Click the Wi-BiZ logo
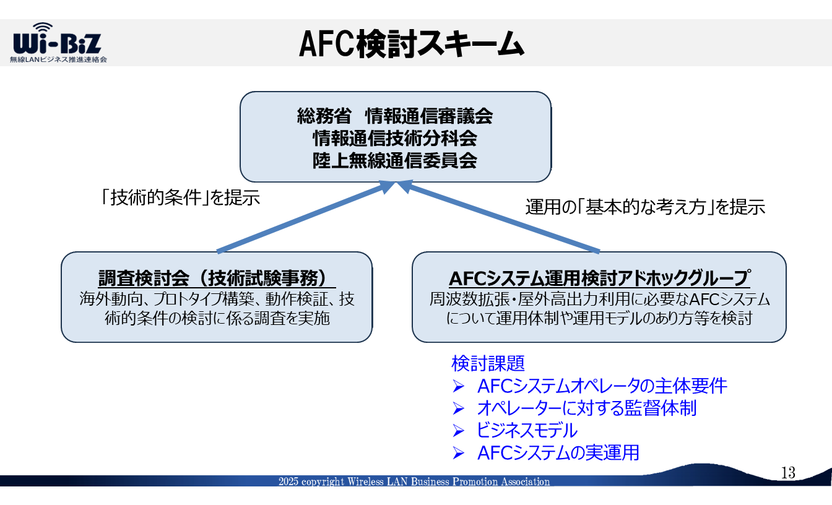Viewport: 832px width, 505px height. click(x=58, y=42)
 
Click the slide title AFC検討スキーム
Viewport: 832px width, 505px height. click(x=412, y=44)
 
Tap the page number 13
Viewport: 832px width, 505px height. click(x=788, y=473)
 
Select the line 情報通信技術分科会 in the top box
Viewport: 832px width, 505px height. click(x=395, y=138)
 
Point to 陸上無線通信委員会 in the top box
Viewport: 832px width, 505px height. click(x=395, y=161)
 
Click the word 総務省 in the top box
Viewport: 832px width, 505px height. click(x=324, y=116)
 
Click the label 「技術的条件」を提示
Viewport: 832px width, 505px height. click(x=181, y=197)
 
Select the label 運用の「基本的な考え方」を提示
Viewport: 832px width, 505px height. click(x=645, y=207)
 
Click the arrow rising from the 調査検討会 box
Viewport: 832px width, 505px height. click(x=305, y=217)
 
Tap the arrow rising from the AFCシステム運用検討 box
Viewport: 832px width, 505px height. click(x=498, y=217)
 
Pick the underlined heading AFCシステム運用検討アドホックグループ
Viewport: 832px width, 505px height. click(x=599, y=278)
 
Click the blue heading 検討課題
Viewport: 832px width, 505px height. click(x=488, y=363)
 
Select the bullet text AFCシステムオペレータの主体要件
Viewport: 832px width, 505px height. click(x=602, y=386)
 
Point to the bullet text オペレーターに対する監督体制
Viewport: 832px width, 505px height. click(x=586, y=408)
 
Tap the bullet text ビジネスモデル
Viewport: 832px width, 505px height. click(x=527, y=431)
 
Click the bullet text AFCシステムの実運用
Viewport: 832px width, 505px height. click(x=558, y=453)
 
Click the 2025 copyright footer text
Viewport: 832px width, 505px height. click(x=414, y=481)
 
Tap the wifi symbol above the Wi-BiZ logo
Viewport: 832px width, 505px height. click(x=43, y=27)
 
